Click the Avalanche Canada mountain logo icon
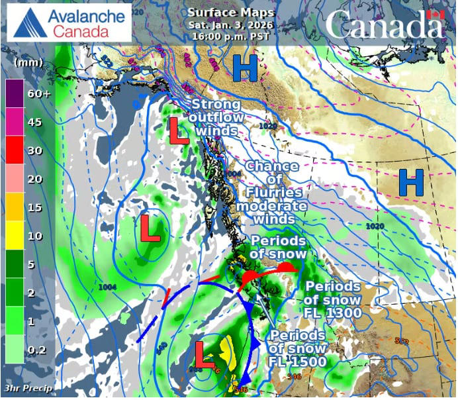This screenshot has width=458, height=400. pos(30,22)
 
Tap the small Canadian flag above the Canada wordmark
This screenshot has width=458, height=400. pos(434,13)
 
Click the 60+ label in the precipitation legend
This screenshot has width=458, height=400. pos(39,93)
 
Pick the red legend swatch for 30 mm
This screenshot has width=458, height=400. pos(15,150)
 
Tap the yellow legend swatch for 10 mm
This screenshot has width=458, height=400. pos(15,236)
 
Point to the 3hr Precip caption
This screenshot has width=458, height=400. pos(27,387)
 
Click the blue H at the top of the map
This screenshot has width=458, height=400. pos(244,69)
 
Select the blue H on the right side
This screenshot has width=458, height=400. pos(410,183)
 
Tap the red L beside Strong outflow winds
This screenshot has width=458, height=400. pos(177,130)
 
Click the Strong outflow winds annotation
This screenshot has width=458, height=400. pos(216,118)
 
